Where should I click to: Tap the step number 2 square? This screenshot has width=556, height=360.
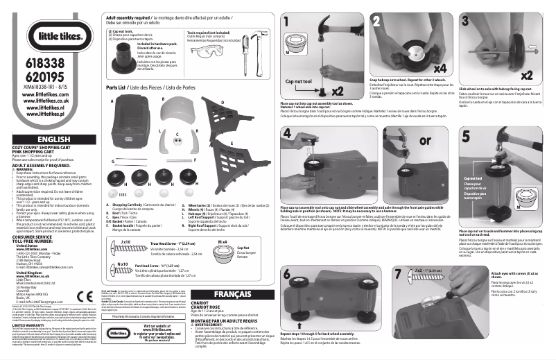(376, 19)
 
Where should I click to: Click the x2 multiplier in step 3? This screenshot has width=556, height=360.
(527, 74)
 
